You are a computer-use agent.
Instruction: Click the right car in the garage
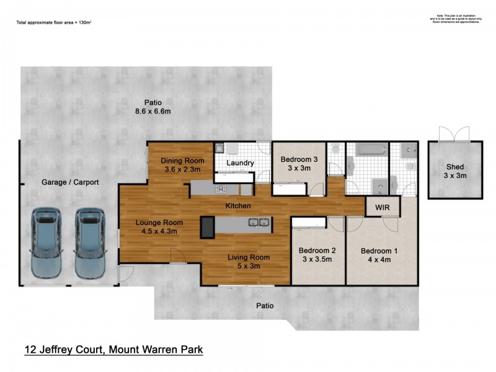[x=89, y=244]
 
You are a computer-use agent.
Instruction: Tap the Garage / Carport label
[x=70, y=182]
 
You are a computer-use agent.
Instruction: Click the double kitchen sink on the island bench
[x=259, y=223]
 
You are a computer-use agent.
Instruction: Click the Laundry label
[x=240, y=163]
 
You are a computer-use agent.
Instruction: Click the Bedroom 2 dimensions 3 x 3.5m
[x=317, y=260]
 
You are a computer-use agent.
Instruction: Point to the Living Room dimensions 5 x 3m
[x=247, y=266]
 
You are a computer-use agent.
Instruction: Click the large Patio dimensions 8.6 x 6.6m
[x=149, y=112]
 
